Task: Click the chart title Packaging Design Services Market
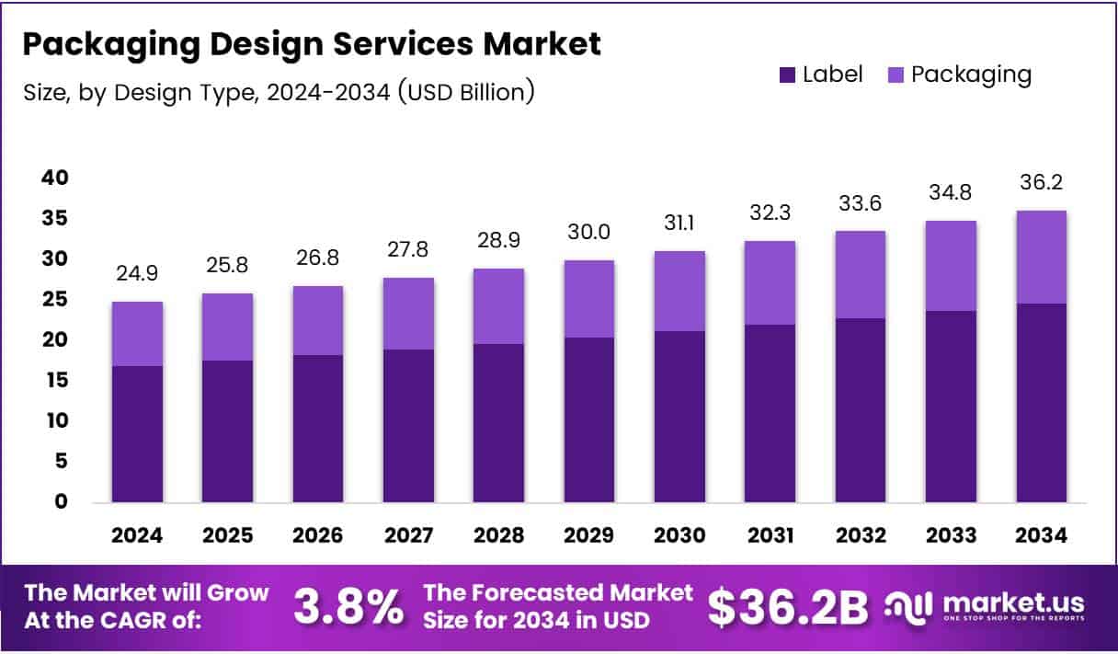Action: (313, 43)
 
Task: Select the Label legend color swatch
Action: (787, 75)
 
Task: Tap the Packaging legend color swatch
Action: (896, 75)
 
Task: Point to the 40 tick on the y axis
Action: (54, 178)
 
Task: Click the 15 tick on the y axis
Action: (54, 380)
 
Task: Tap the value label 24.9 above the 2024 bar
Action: (138, 274)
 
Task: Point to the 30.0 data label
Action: (588, 233)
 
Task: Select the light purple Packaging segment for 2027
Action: (408, 314)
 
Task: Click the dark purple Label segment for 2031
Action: (770, 413)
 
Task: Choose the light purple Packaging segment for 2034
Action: (1041, 257)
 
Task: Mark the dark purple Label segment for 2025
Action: (228, 431)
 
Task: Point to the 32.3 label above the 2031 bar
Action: (770, 212)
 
